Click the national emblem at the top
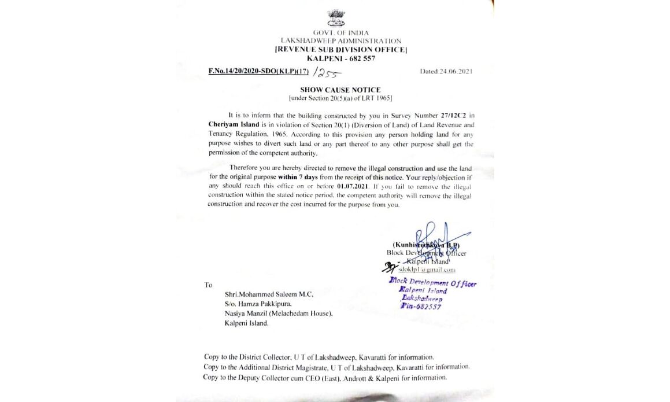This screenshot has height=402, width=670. pyautogui.click(x=336, y=18)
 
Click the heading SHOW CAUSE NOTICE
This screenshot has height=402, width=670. pyautogui.click(x=340, y=90)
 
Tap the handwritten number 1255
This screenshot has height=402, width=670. pyautogui.click(x=327, y=73)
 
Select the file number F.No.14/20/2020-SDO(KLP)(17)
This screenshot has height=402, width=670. pyautogui.click(x=258, y=72)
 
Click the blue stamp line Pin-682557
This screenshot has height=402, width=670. pyautogui.click(x=421, y=307)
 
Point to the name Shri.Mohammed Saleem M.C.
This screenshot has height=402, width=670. pyautogui.click(x=269, y=294)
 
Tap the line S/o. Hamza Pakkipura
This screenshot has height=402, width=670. pyautogui.click(x=258, y=304)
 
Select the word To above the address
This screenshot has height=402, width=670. pyautogui.click(x=208, y=285)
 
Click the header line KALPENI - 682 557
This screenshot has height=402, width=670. pyautogui.click(x=340, y=58)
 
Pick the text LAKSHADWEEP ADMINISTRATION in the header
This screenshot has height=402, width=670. pyautogui.click(x=340, y=41)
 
